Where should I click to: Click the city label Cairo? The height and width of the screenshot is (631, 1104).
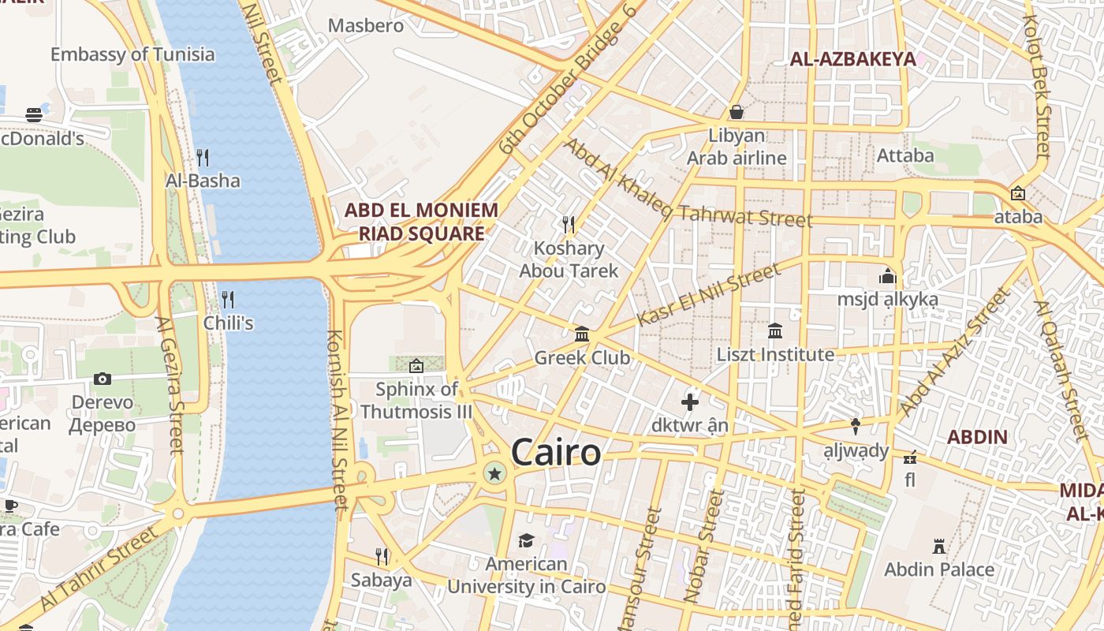pyautogui.click(x=556, y=453)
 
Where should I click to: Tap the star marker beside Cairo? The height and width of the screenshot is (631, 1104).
pyautogui.click(x=494, y=473)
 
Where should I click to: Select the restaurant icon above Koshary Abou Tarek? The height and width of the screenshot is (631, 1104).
pyautogui.click(x=568, y=225)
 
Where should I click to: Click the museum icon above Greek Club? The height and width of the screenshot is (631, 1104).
pyautogui.click(x=582, y=334)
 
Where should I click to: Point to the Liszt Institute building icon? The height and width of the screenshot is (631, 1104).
pyautogui.click(x=774, y=330)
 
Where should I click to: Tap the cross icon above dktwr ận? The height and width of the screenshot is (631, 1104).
pyautogui.click(x=690, y=402)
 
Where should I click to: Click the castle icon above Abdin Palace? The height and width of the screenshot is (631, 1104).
pyautogui.click(x=938, y=546)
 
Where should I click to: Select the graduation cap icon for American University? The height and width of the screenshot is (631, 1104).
pyautogui.click(x=526, y=540)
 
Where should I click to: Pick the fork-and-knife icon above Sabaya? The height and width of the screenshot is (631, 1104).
pyautogui.click(x=382, y=557)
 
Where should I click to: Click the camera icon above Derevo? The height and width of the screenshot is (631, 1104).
pyautogui.click(x=103, y=379)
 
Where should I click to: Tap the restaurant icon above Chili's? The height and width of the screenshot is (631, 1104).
pyautogui.click(x=228, y=299)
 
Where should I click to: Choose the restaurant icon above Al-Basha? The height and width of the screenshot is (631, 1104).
pyautogui.click(x=203, y=157)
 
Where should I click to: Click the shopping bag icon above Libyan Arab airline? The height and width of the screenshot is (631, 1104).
pyautogui.click(x=737, y=112)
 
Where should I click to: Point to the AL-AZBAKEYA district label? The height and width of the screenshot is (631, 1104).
pyautogui.click(x=852, y=59)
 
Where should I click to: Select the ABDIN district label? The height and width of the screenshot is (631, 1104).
pyautogui.click(x=977, y=437)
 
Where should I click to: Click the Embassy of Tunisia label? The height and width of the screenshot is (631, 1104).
pyautogui.click(x=132, y=54)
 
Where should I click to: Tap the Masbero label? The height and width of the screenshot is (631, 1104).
pyautogui.click(x=366, y=25)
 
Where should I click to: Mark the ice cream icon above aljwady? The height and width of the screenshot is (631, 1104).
pyautogui.click(x=856, y=427)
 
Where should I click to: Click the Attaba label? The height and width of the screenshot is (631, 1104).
pyautogui.click(x=905, y=155)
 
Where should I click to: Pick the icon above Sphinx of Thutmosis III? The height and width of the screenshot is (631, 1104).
pyautogui.click(x=416, y=365)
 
